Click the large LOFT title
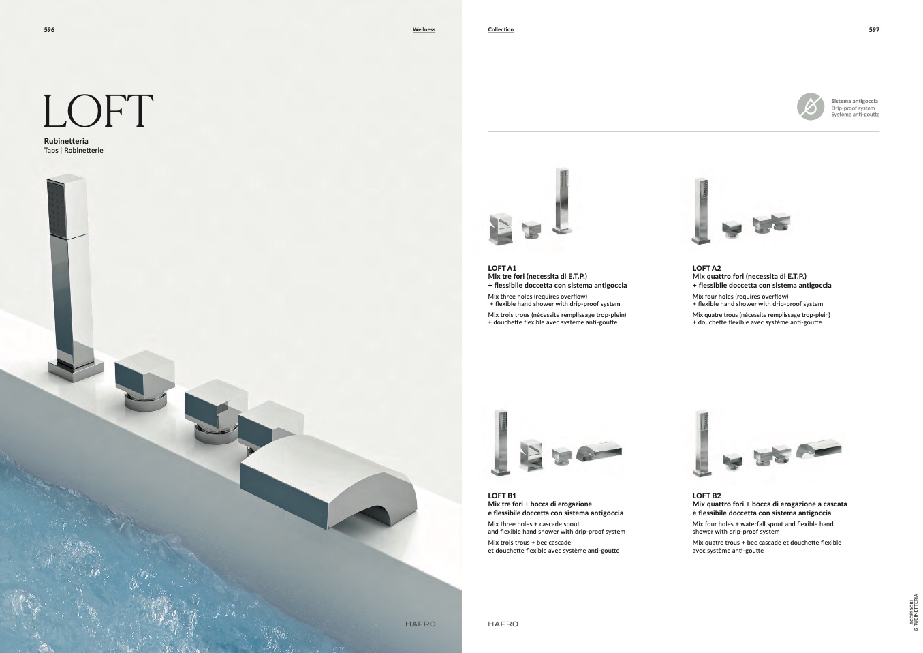pos(98,111)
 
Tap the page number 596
pos(49,29)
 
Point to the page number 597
pos(874,29)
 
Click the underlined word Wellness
pos(424,29)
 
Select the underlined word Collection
pos(501,29)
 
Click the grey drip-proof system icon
pos(811,108)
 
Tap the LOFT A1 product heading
pos(502,268)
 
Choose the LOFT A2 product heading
pos(706,268)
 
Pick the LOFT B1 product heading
pos(502,496)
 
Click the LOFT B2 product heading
pos(706,496)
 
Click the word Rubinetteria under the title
pos(66,141)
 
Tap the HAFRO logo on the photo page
pos(420,624)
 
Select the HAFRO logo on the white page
pos(503,624)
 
